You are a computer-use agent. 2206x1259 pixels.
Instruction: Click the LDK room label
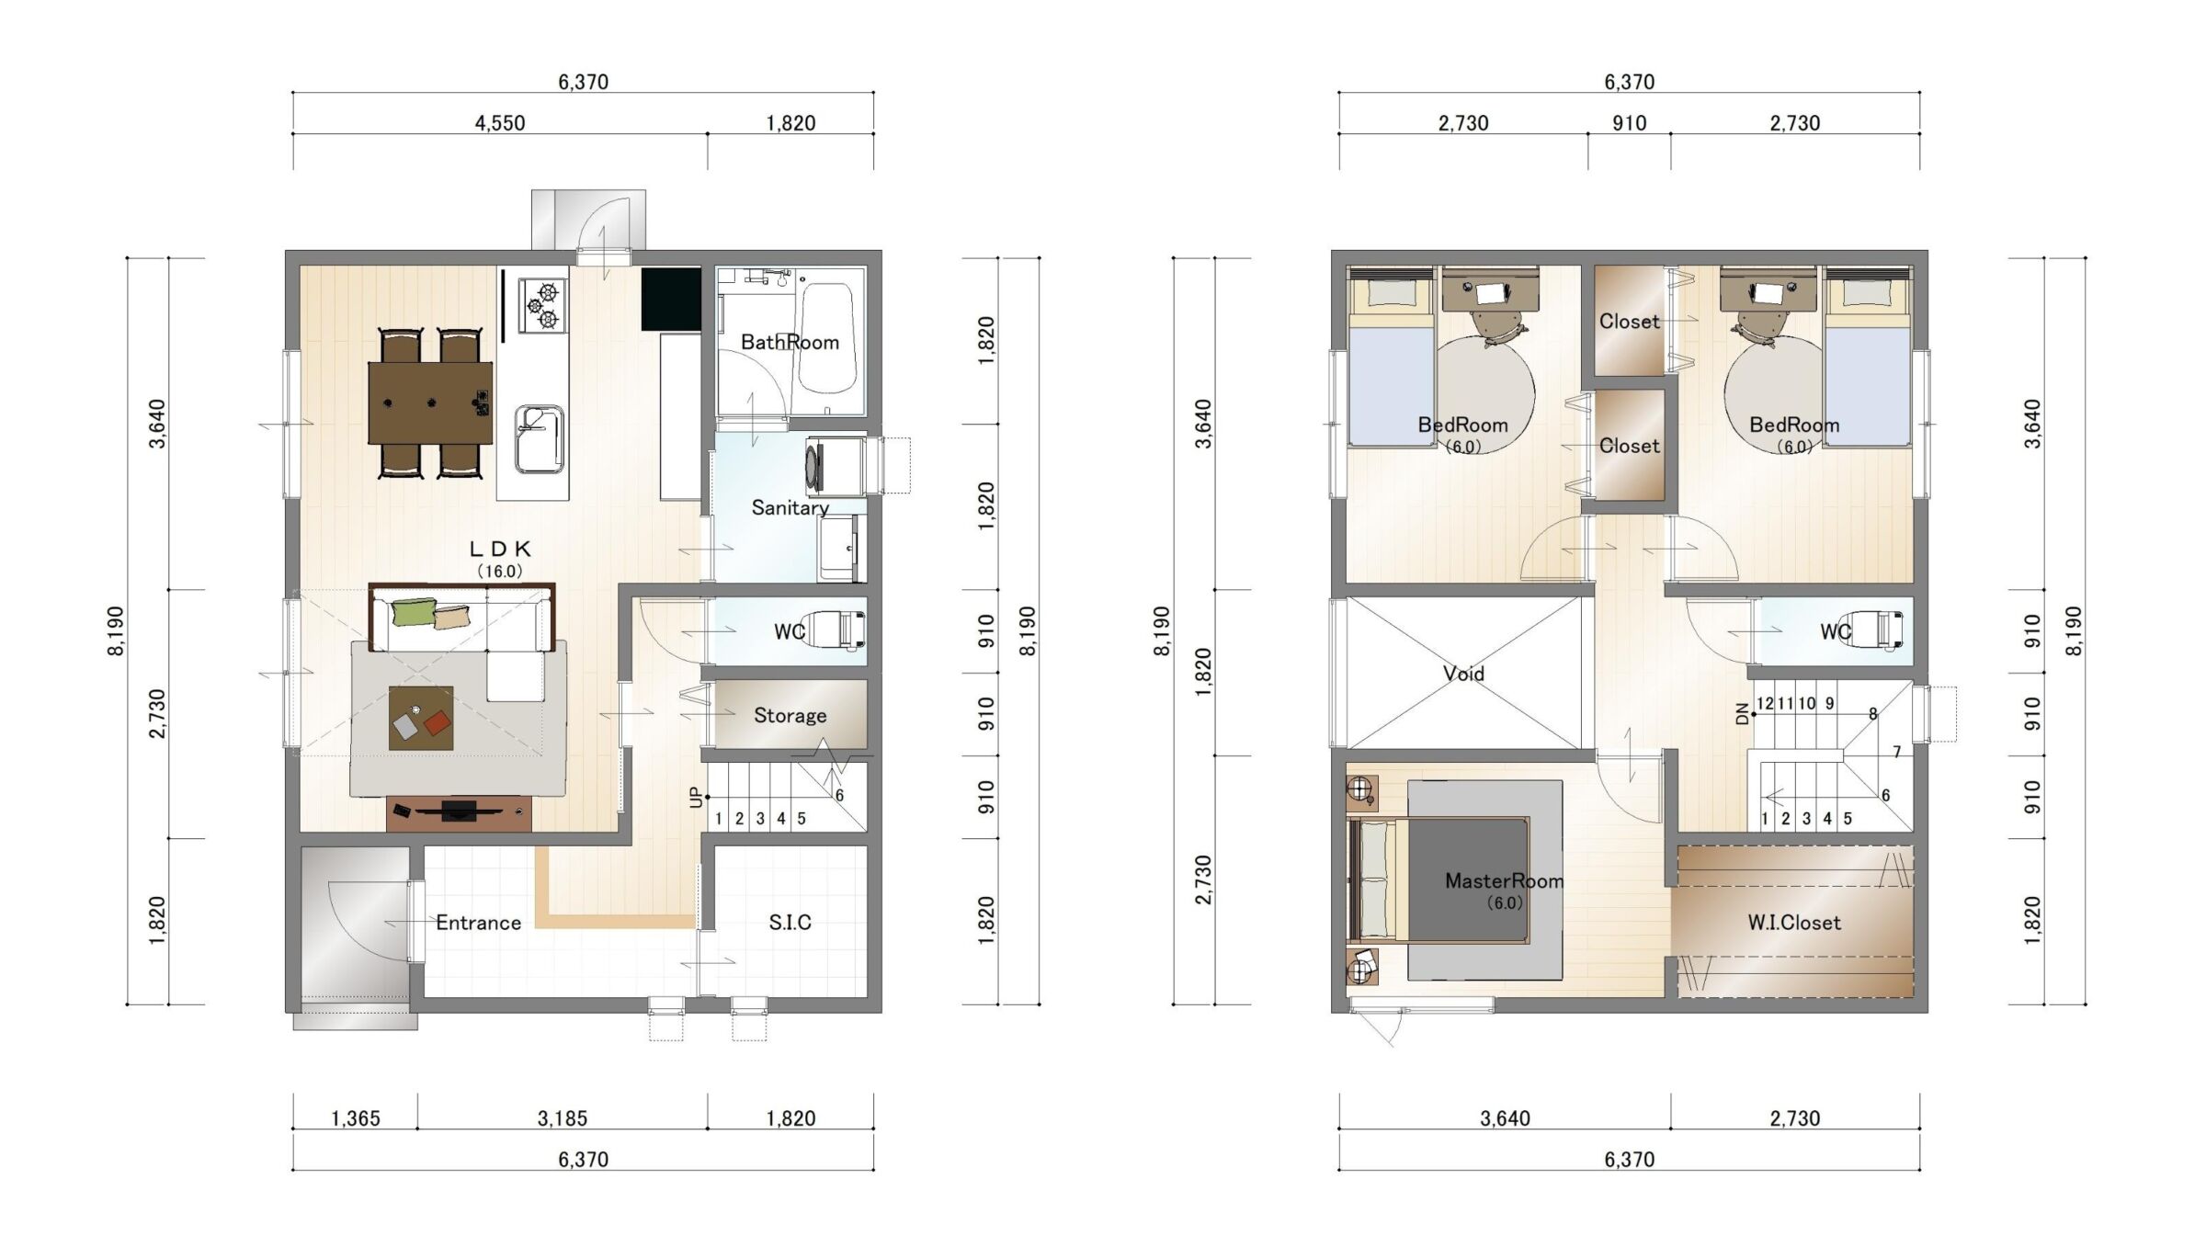click(500, 550)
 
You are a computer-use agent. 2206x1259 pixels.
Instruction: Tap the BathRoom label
click(790, 343)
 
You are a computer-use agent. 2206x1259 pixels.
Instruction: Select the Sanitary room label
click(790, 507)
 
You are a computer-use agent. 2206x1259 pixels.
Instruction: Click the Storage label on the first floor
click(790, 715)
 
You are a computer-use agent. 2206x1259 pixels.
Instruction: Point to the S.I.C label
click(790, 923)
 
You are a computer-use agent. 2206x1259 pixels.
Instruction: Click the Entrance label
click(478, 923)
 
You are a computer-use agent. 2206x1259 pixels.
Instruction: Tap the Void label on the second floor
click(1463, 674)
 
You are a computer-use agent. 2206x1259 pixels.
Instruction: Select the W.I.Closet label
click(1794, 923)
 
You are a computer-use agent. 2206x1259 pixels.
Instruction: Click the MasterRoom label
click(1504, 881)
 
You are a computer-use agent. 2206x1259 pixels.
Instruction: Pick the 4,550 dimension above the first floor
click(500, 123)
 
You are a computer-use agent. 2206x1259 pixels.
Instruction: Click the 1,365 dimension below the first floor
click(355, 1118)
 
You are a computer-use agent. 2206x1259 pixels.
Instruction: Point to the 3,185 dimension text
click(562, 1118)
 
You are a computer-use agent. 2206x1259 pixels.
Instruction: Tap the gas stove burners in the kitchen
click(542, 306)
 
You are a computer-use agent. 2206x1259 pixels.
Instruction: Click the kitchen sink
click(539, 439)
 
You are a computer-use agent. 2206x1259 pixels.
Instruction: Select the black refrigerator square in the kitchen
click(671, 299)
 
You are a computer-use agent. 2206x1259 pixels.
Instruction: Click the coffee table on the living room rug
click(421, 719)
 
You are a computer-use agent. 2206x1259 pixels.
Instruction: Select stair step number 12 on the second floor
click(1765, 704)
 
